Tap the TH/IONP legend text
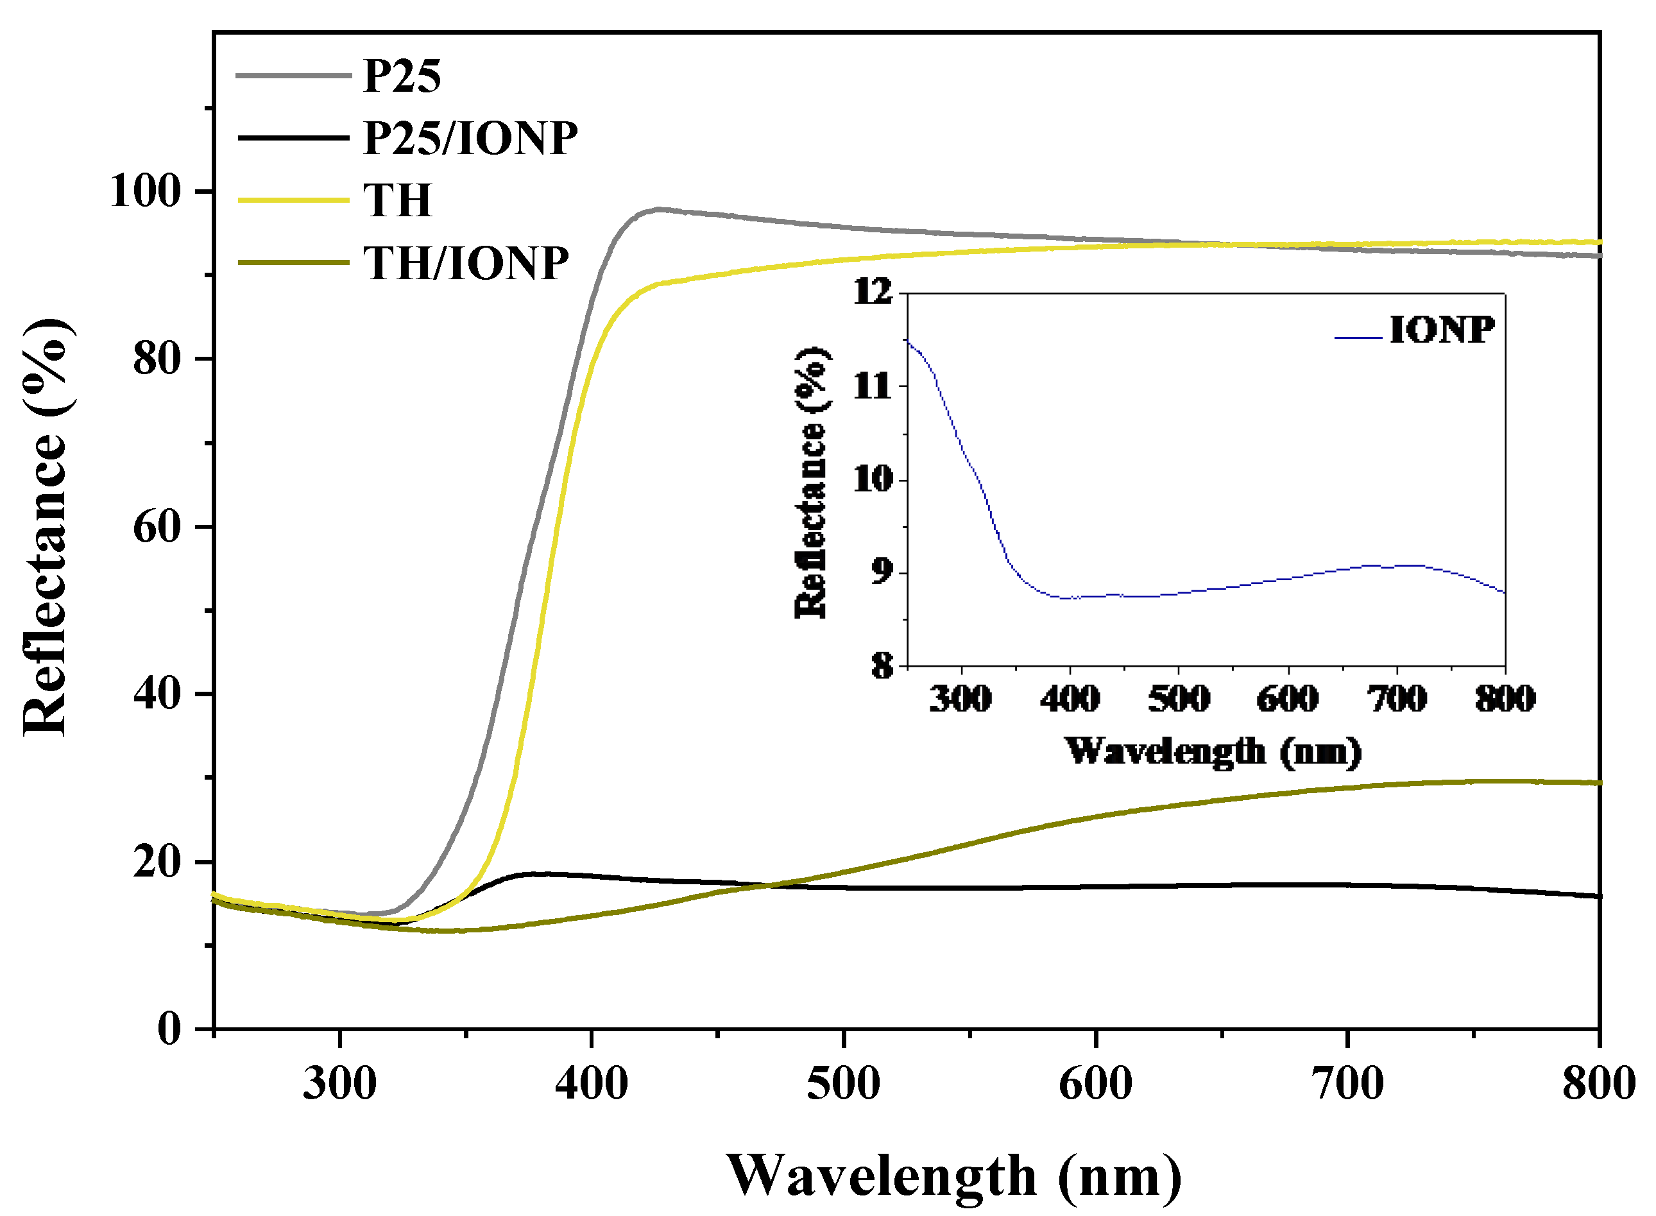coord(465,263)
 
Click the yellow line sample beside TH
coord(293,200)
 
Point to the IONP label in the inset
coord(1441,330)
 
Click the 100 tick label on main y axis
coord(145,191)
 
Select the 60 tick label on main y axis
coord(157,527)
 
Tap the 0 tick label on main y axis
coord(169,1028)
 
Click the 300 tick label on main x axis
coord(339,1084)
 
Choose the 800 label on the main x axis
coord(1599,1084)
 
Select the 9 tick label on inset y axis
coord(882,572)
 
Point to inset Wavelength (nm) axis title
coord(1213,751)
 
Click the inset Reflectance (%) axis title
coord(812,482)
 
